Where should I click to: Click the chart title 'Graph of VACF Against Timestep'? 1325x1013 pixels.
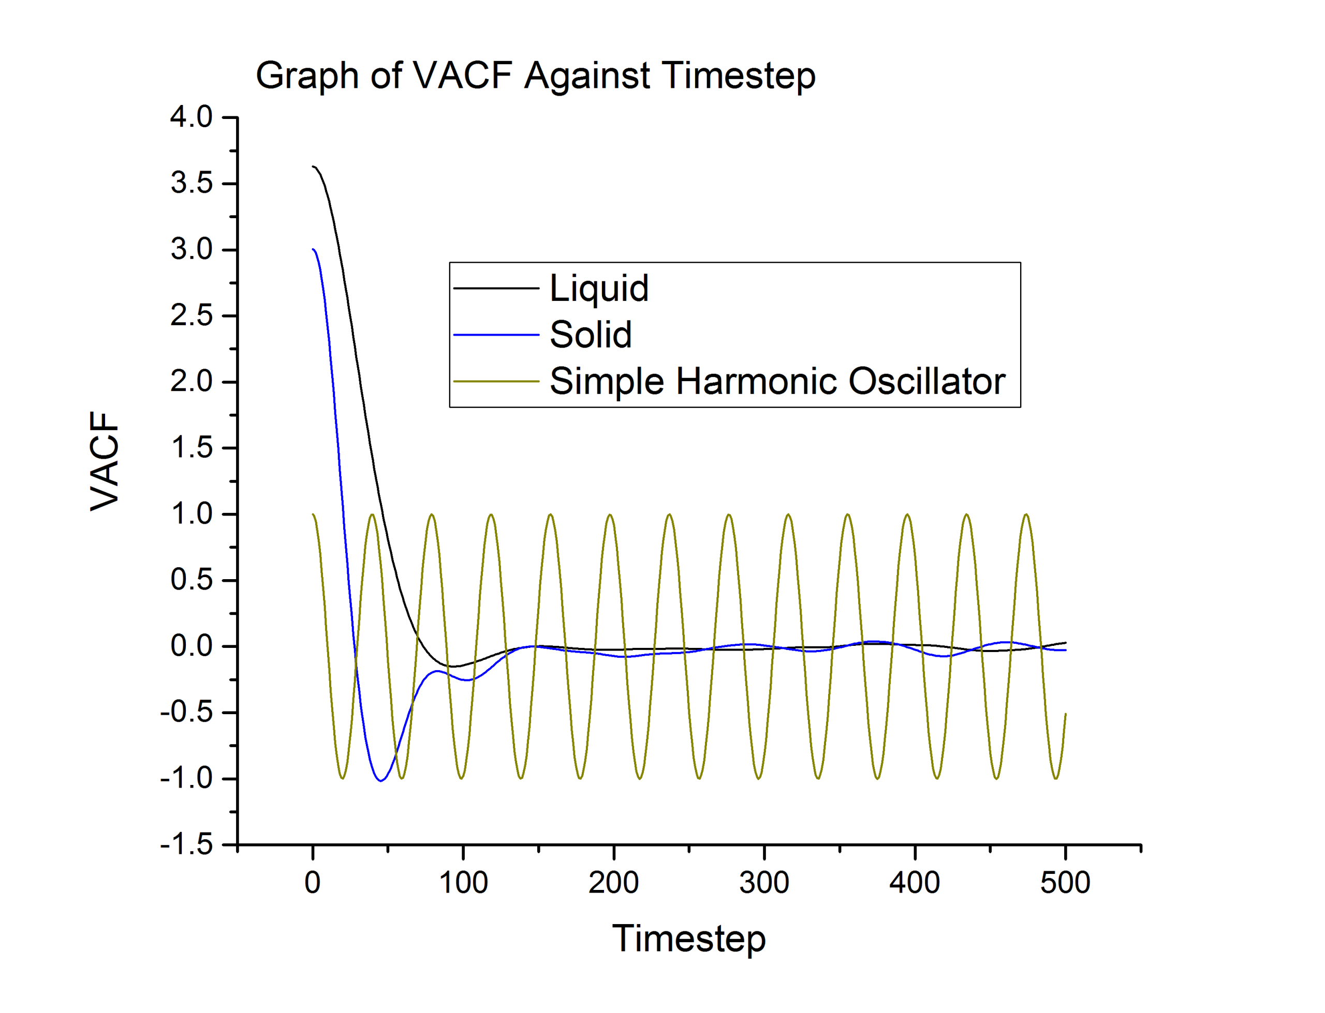(x=535, y=76)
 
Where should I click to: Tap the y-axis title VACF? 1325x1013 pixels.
(x=105, y=461)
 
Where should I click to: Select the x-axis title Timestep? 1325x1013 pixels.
(x=688, y=939)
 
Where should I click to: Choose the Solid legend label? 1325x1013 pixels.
(x=590, y=335)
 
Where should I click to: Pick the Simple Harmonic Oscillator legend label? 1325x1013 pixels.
(x=777, y=381)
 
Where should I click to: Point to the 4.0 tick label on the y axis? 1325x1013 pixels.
(x=192, y=117)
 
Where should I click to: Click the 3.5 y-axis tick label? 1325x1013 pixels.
(x=192, y=183)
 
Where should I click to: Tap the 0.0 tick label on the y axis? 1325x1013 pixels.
(x=192, y=646)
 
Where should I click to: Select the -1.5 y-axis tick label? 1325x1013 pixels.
(x=186, y=845)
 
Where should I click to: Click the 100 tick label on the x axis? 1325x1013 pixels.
(x=463, y=883)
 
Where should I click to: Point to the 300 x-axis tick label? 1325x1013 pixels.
(x=764, y=883)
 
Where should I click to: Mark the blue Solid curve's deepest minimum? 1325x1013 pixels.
(x=381, y=781)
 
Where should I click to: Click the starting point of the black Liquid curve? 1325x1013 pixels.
(x=313, y=167)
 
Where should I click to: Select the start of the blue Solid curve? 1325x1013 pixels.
(x=313, y=249)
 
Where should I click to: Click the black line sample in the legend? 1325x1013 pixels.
(x=496, y=288)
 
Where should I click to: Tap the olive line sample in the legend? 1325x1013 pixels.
(x=496, y=381)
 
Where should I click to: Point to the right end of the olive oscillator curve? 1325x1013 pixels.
(x=1065, y=714)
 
